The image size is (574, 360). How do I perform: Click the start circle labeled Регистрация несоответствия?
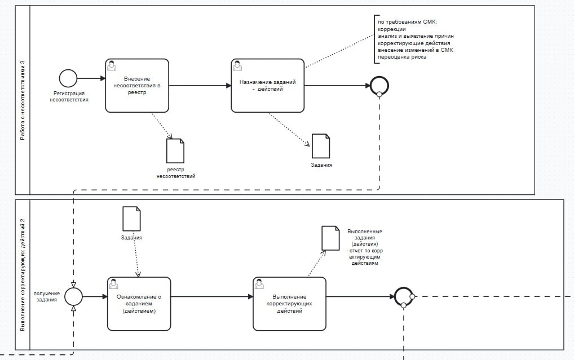click(x=68, y=78)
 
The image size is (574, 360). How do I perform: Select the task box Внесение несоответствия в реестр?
click(x=136, y=86)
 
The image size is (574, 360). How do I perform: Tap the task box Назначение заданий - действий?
click(x=267, y=86)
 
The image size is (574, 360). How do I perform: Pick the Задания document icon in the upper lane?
click(x=321, y=146)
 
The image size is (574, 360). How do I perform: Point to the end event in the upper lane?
click(x=379, y=86)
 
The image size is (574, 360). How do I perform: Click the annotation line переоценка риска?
click(x=402, y=57)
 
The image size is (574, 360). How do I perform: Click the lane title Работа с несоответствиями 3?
click(x=23, y=100)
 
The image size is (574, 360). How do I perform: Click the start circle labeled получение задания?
click(x=73, y=296)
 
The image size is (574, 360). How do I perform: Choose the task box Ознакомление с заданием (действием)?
click(x=139, y=303)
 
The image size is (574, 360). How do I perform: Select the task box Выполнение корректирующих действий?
click(x=289, y=303)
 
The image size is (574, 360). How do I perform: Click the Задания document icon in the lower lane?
click(x=131, y=219)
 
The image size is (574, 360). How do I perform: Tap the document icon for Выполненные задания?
click(x=330, y=238)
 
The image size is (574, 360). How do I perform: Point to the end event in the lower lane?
click(x=404, y=296)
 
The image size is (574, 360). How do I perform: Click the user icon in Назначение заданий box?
click(x=238, y=65)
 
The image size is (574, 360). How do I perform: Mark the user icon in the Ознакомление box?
click(x=114, y=283)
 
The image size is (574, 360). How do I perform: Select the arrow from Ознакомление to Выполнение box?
click(x=211, y=296)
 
